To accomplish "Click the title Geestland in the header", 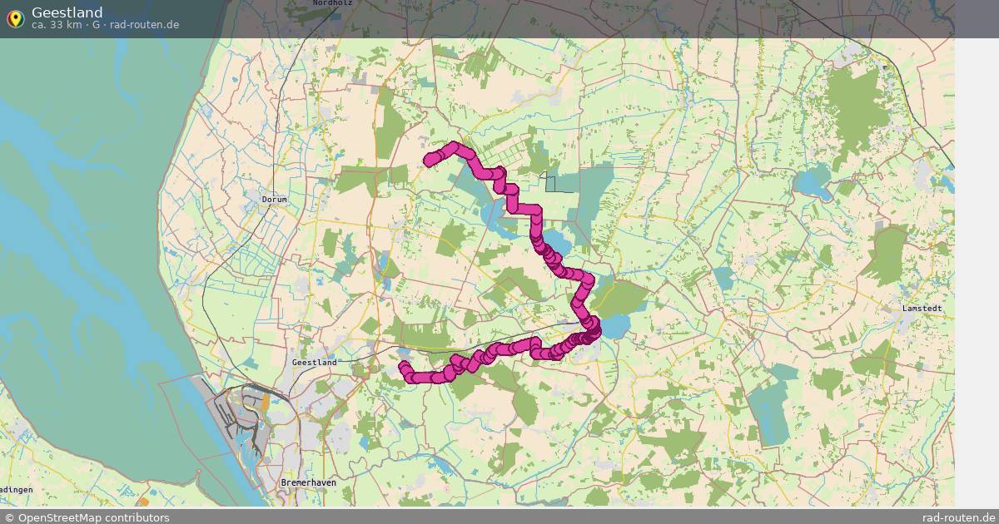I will click(x=67, y=12).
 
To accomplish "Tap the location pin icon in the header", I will click(x=15, y=18).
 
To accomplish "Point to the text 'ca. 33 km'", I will click(x=58, y=25).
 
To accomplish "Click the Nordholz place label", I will click(x=332, y=3).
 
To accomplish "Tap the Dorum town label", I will click(x=274, y=200).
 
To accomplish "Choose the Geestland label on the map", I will click(x=315, y=363).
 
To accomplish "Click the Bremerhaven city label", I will click(x=308, y=483).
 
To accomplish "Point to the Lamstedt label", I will click(x=922, y=309).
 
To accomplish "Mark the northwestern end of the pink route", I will click(x=430, y=160).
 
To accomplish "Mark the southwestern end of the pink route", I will click(x=405, y=367).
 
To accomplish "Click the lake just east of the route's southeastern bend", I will click(x=614, y=326).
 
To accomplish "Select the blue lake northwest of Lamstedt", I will click(x=812, y=183).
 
